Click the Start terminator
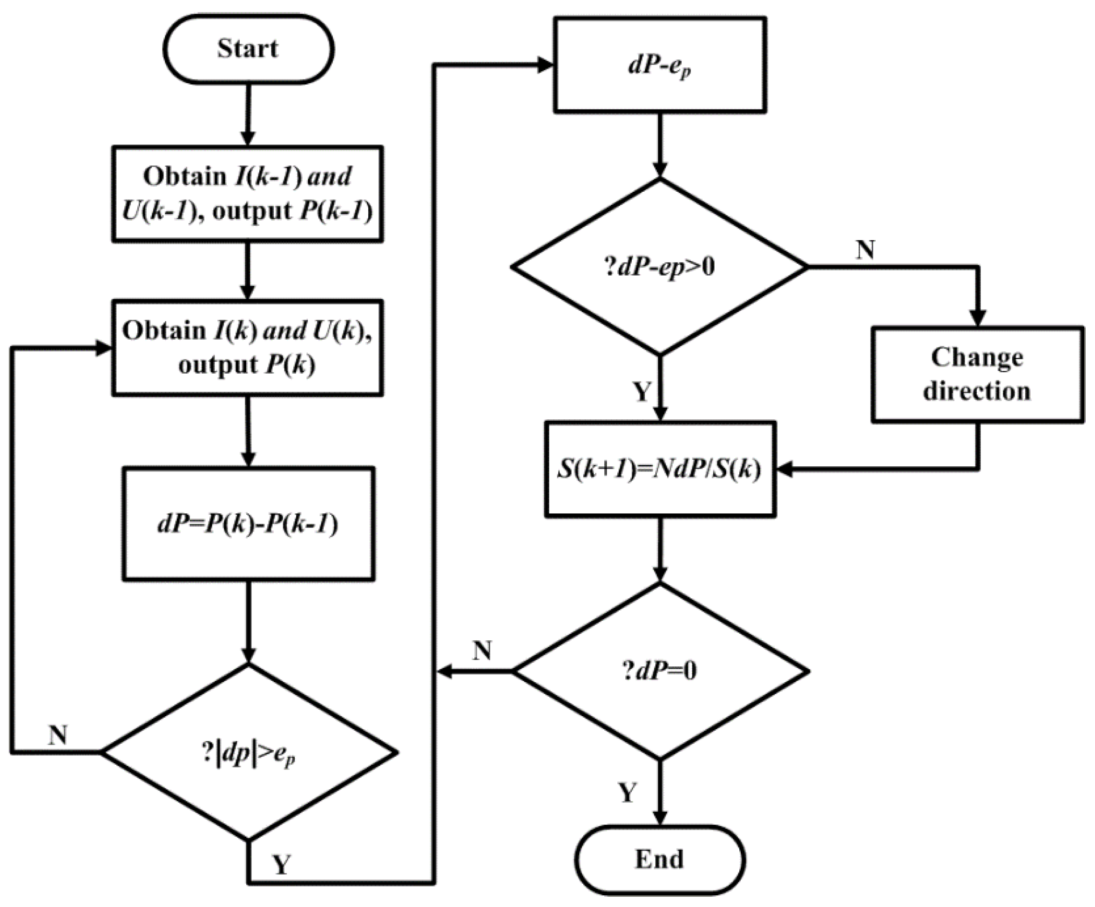pyautogui.click(x=248, y=49)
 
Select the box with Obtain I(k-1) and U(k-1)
pyautogui.click(x=248, y=194)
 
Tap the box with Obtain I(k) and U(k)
pyautogui.click(x=248, y=348)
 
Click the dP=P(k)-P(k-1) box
pyautogui.click(x=248, y=524)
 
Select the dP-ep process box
pyautogui.click(x=660, y=65)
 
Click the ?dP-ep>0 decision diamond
pyautogui.click(x=660, y=267)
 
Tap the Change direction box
pyautogui.click(x=977, y=374)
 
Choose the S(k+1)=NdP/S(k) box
pyautogui.click(x=660, y=469)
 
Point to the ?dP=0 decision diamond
pyautogui.click(x=660, y=672)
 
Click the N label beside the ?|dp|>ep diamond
pyautogui.click(x=58, y=735)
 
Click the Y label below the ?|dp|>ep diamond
pyautogui.click(x=282, y=865)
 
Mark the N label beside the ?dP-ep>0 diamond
pyautogui.click(x=865, y=250)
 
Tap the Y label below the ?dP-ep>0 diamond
pyautogui.click(x=642, y=392)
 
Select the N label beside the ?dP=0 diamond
pyautogui.click(x=482, y=651)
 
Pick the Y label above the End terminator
pyautogui.click(x=628, y=793)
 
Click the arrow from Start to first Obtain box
pyautogui.click(x=248, y=114)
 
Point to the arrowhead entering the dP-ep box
pyautogui.click(x=545, y=65)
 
